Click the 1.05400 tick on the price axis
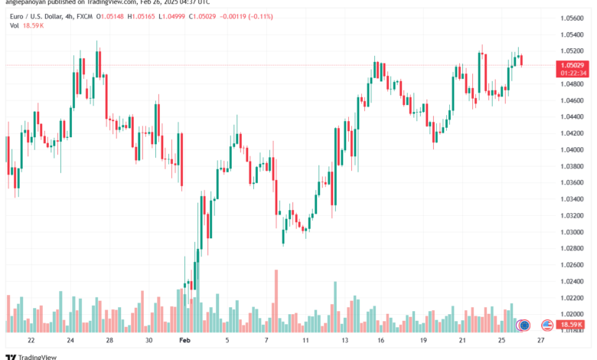pyautogui.click(x=573, y=34)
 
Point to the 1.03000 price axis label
pyautogui.click(x=573, y=231)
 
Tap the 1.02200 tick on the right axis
pyautogui.click(x=573, y=297)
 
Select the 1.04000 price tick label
pyautogui.click(x=573, y=149)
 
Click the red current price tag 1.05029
pyautogui.click(x=573, y=66)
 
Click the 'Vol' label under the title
pyautogui.click(x=14, y=25)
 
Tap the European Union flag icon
pyautogui.click(x=524, y=325)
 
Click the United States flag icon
pyautogui.click(x=546, y=325)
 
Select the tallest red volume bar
pyautogui.click(x=276, y=301)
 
